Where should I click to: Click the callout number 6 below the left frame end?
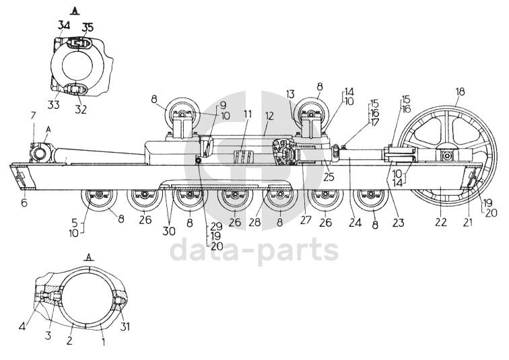click(24, 203)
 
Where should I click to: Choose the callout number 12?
click(269, 116)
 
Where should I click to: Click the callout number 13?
click(290, 94)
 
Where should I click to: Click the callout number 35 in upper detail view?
click(88, 28)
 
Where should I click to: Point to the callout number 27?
click(306, 219)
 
